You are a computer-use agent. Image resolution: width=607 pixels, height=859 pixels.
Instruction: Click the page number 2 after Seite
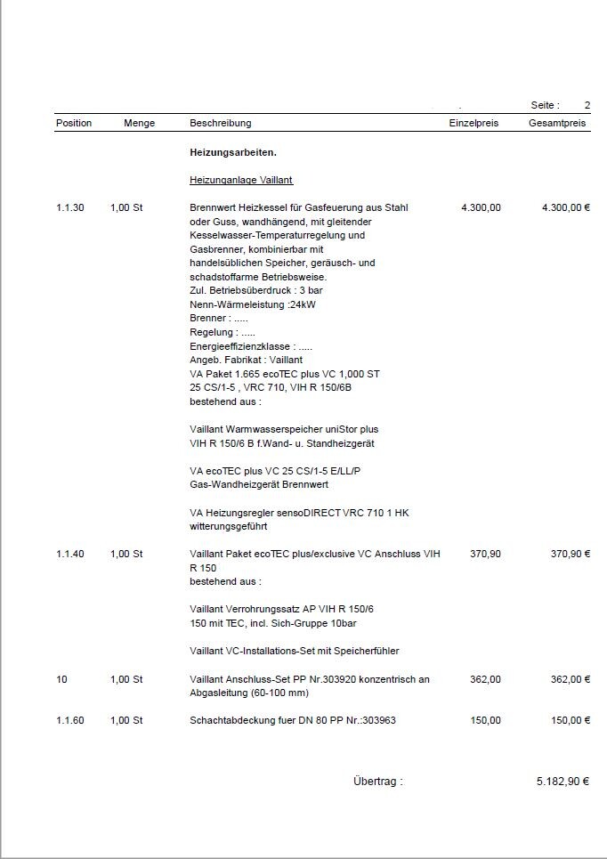coord(587,105)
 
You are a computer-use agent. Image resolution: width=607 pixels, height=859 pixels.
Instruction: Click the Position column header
coord(74,123)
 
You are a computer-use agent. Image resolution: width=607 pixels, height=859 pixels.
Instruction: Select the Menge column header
coord(139,123)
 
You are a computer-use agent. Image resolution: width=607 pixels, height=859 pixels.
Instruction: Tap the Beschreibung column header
coord(221,123)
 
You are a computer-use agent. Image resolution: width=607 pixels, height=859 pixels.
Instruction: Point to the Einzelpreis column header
coord(473,123)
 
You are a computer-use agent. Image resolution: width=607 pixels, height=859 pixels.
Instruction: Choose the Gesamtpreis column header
coord(557,123)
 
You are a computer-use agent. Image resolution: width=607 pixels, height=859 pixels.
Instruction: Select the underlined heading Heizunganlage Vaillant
coord(241,180)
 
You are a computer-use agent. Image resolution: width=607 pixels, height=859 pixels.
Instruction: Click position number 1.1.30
coord(70,207)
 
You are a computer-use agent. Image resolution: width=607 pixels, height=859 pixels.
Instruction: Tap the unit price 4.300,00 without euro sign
coord(481,207)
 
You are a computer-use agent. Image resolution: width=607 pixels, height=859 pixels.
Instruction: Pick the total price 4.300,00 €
coord(565,207)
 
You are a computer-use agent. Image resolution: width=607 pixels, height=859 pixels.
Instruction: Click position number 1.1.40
coord(70,554)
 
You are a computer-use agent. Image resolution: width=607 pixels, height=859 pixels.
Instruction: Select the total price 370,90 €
coord(571,554)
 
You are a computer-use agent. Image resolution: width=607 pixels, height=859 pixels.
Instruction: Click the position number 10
coord(61,679)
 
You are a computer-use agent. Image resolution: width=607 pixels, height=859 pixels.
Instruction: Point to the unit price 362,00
coord(485,679)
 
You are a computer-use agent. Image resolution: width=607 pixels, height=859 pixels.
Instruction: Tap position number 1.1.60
coord(70,720)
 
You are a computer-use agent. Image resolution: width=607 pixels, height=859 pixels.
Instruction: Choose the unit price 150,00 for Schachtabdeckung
coord(485,720)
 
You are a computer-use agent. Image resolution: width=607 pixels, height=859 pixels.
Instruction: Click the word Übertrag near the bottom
coord(377,781)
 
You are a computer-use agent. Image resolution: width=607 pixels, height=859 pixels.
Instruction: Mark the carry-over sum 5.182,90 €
coord(563,781)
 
